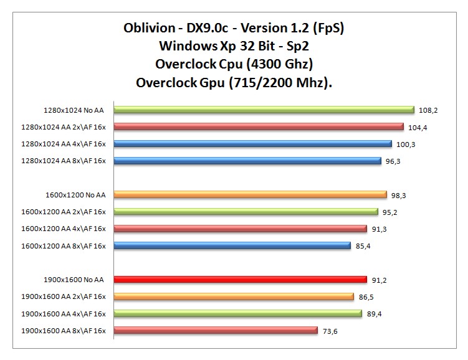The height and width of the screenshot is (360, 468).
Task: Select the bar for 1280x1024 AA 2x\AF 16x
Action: point(259,127)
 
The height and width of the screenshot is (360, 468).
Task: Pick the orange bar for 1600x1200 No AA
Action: point(251,195)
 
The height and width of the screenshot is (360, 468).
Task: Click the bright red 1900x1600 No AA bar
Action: point(241,280)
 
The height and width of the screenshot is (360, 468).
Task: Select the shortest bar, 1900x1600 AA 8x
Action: point(216,331)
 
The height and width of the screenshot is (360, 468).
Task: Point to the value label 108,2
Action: point(428,110)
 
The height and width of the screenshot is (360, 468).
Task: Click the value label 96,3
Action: point(394,161)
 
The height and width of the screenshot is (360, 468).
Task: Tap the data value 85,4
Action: point(365,246)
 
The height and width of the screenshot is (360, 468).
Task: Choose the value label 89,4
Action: point(375,314)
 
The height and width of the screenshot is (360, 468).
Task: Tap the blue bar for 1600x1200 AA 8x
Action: point(232,246)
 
